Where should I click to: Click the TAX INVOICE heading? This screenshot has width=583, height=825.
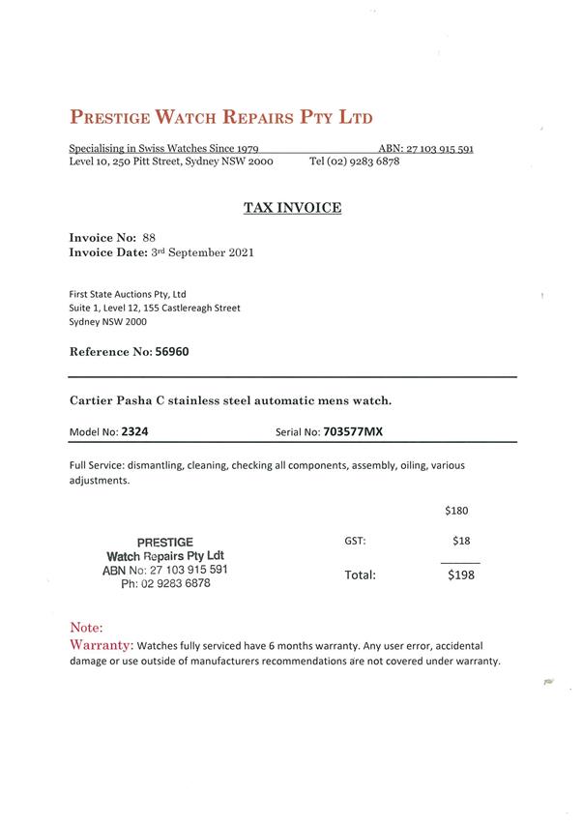[x=291, y=208]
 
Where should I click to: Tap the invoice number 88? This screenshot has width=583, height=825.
[x=149, y=237]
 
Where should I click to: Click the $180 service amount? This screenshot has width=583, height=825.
[x=456, y=511]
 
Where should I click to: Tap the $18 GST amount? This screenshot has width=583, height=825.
[x=460, y=541]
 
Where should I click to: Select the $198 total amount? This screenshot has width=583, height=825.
[x=460, y=575]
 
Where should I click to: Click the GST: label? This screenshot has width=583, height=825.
[x=355, y=542]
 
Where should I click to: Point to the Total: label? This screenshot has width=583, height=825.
[x=360, y=575]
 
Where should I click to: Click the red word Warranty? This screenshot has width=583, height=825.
[x=102, y=644]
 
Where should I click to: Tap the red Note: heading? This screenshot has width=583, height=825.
[x=87, y=627]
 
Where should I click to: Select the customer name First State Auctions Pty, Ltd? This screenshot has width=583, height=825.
[x=128, y=293]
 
